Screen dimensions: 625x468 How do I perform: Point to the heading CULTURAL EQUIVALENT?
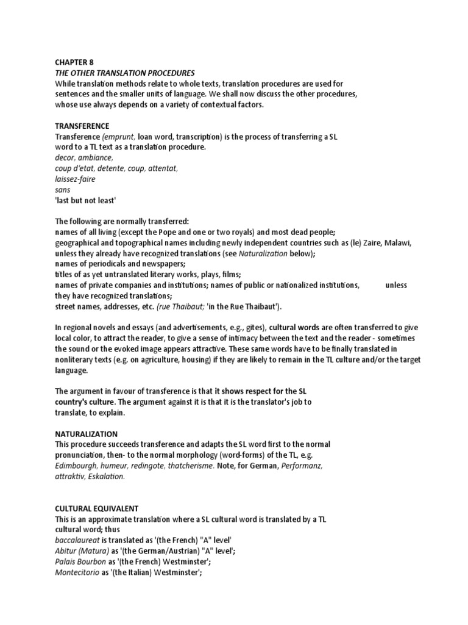97,508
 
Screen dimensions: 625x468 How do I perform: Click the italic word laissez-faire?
75,179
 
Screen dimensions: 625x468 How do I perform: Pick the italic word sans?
62,189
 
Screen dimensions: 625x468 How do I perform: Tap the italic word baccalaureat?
78,540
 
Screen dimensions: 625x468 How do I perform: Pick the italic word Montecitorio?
78,571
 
